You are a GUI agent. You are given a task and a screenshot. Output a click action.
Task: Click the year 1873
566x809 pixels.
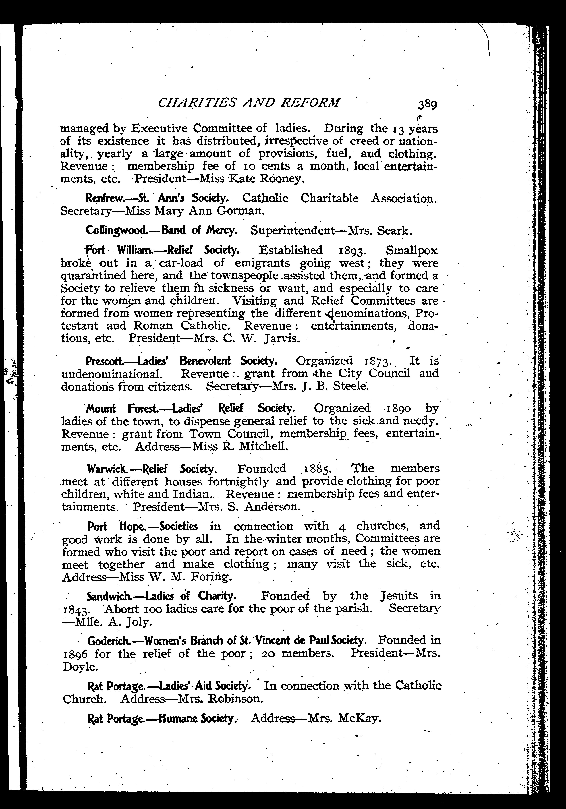click(375, 361)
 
